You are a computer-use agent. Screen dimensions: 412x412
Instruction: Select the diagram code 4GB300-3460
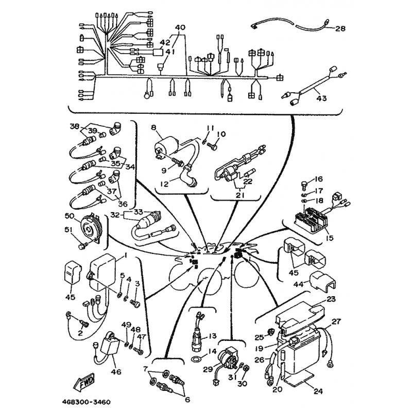click(87, 403)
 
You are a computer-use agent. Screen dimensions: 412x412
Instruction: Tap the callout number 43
click(321, 98)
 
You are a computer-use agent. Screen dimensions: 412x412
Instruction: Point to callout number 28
click(340, 28)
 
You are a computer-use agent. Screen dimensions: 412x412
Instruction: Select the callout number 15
click(330, 238)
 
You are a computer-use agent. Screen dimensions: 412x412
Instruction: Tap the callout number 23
click(331, 299)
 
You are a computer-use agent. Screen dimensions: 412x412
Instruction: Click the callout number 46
click(116, 372)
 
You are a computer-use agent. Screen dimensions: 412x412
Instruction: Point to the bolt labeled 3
click(135, 304)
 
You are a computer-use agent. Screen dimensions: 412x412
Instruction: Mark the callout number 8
click(153, 128)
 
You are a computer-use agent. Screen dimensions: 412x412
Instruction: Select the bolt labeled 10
click(212, 146)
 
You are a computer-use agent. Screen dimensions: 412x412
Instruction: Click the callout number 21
click(240, 196)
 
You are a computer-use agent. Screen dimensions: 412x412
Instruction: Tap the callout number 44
click(299, 284)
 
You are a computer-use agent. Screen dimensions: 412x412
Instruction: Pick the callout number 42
click(165, 42)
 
